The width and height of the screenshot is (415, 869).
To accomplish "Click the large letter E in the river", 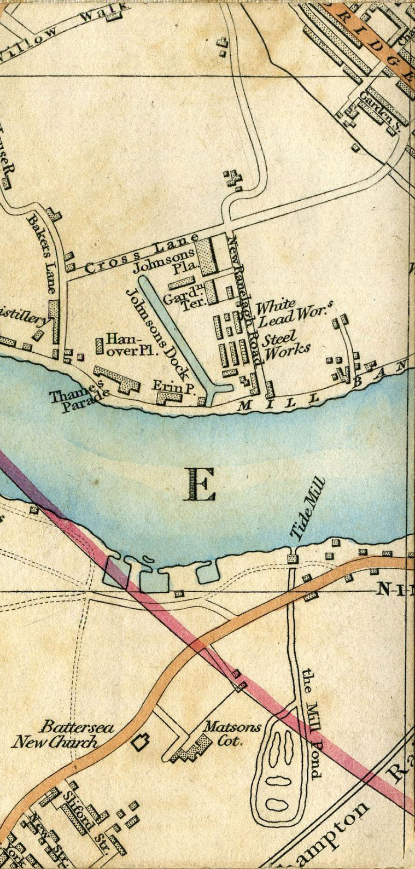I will (201, 485).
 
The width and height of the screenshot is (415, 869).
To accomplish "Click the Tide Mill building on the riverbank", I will (293, 558).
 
